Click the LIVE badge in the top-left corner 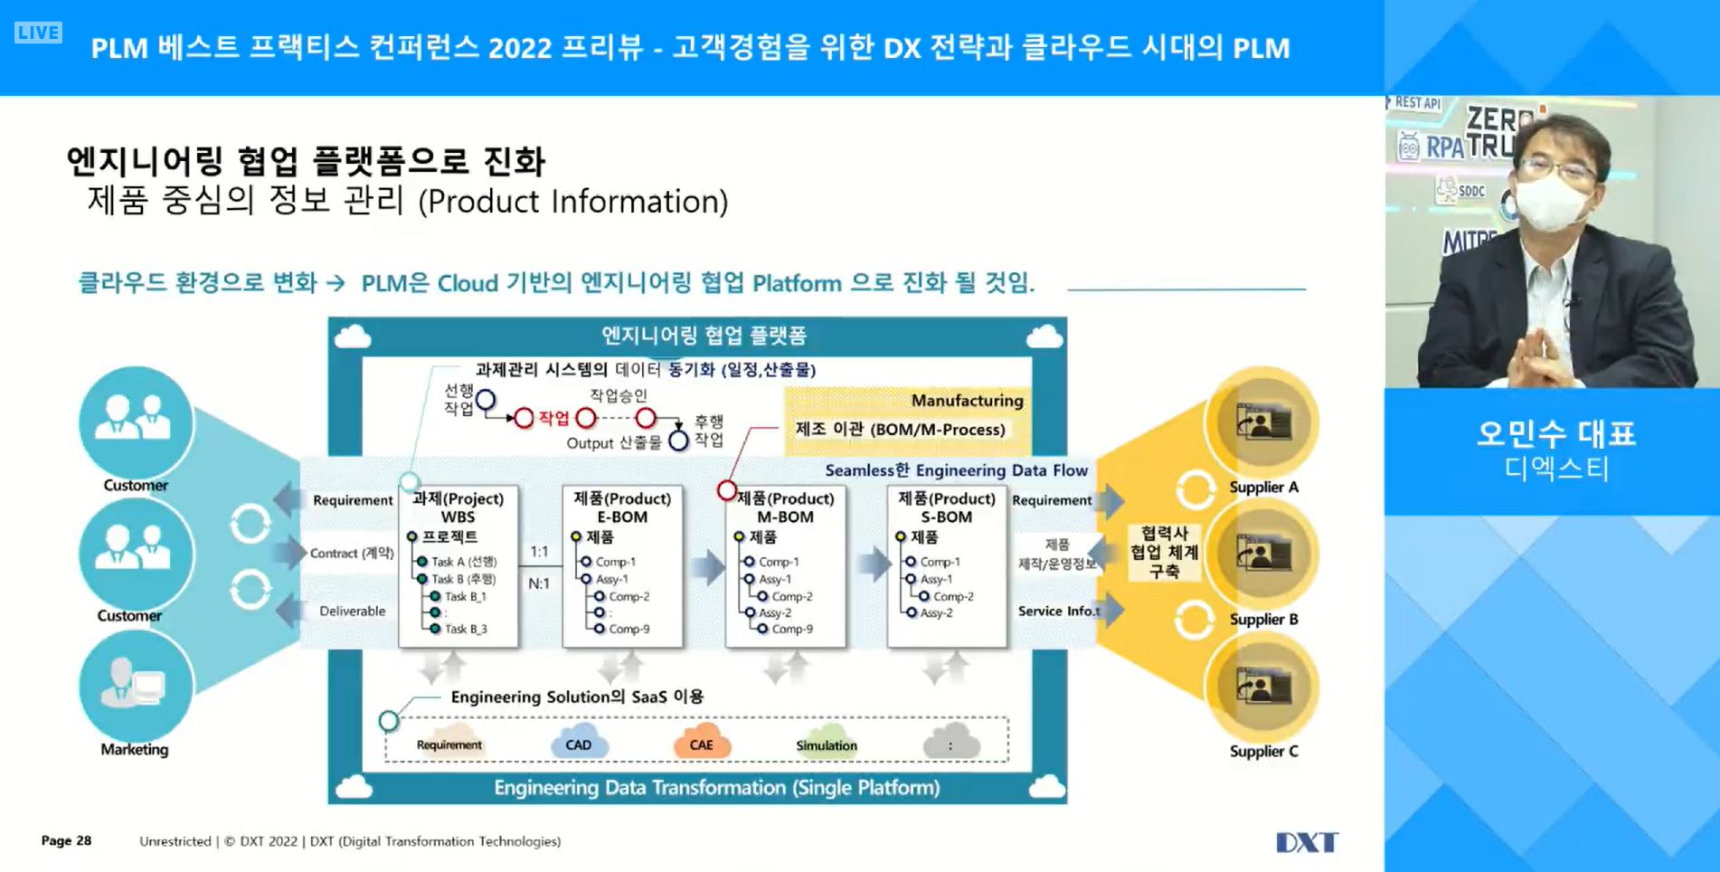(38, 33)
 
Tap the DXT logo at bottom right (1306, 842)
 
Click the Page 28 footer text (66, 840)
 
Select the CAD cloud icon (579, 744)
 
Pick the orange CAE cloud (701, 744)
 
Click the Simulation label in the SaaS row (827, 745)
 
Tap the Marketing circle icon (135, 686)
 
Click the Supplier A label (1263, 487)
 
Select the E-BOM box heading (622, 517)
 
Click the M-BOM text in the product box (785, 517)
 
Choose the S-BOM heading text (947, 517)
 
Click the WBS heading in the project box (458, 517)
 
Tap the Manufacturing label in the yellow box (967, 400)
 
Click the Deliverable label (352, 611)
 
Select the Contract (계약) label (352, 553)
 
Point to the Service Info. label (1058, 611)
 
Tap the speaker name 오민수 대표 (1556, 434)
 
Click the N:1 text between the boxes (539, 583)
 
